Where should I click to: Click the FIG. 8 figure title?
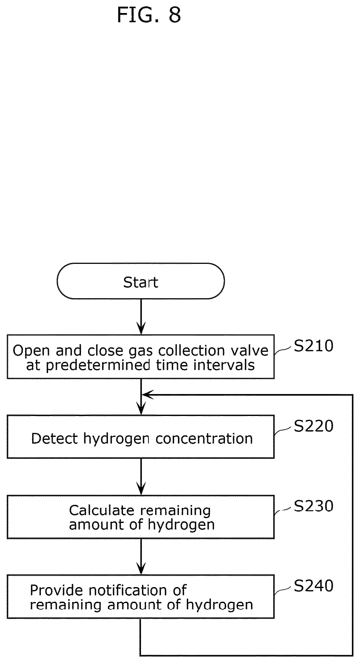pyautogui.click(x=149, y=15)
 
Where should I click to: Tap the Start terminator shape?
pyautogui.click(x=141, y=281)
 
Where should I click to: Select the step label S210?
pyautogui.click(x=313, y=346)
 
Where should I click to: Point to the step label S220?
pyautogui.click(x=313, y=426)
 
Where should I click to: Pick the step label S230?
pyautogui.click(x=313, y=506)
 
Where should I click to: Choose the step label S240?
pyautogui.click(x=313, y=586)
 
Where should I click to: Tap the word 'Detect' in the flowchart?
pyautogui.click(x=54, y=439)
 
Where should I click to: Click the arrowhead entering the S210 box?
pyautogui.click(x=141, y=329)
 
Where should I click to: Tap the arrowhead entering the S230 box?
pyautogui.click(x=141, y=489)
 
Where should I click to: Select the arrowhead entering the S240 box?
pyautogui.click(x=141, y=569)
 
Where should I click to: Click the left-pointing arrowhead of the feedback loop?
pyautogui.click(x=147, y=395)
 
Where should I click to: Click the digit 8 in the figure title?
pyautogui.click(x=175, y=15)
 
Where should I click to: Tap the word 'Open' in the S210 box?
pyautogui.click(x=31, y=351)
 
